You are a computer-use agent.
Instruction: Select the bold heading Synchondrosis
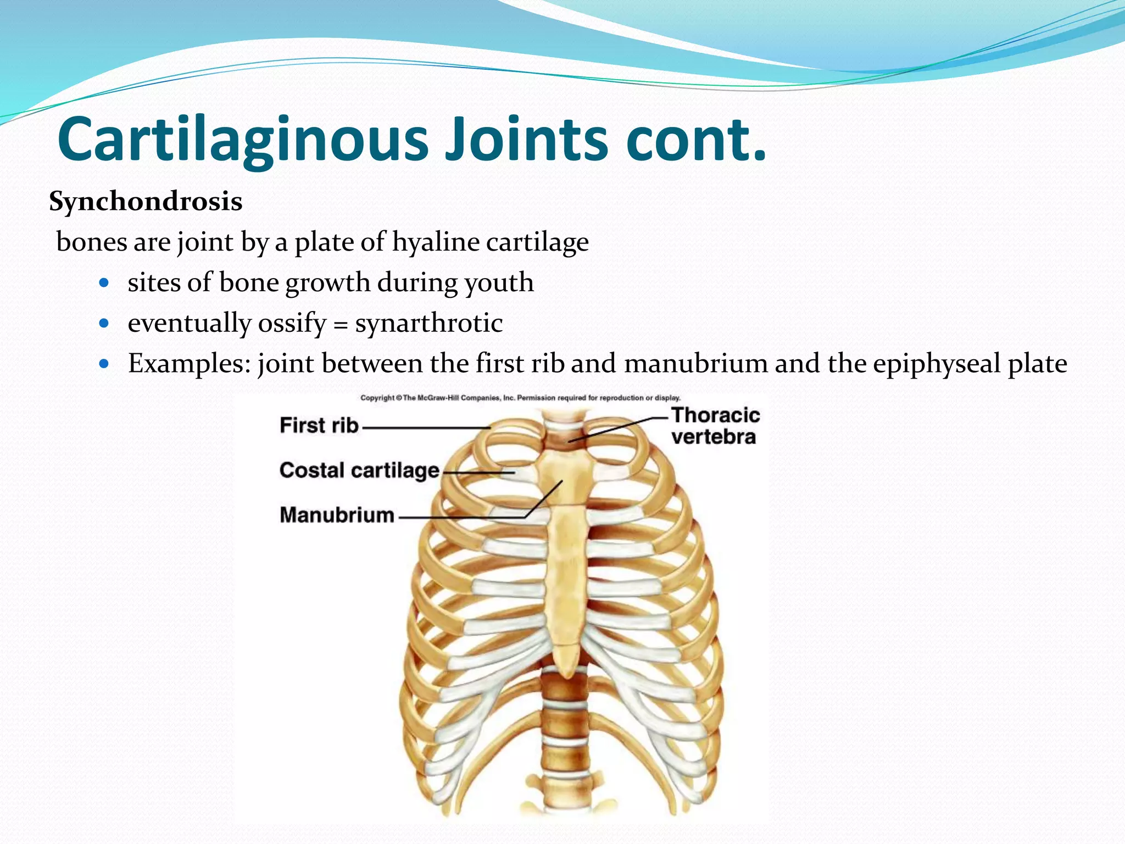pyautogui.click(x=146, y=202)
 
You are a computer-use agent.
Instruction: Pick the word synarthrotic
pyautogui.click(x=428, y=323)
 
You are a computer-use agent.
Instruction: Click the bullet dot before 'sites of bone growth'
pyautogui.click(x=104, y=284)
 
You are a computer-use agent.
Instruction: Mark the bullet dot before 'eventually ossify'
pyautogui.click(x=104, y=324)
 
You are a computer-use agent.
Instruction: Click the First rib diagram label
pyautogui.click(x=319, y=425)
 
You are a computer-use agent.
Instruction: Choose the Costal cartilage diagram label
pyautogui.click(x=359, y=470)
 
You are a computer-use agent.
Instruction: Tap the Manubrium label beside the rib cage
pyautogui.click(x=337, y=515)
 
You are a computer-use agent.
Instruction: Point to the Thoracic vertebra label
pyautogui.click(x=715, y=426)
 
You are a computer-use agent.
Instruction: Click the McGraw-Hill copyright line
pyautogui.click(x=520, y=398)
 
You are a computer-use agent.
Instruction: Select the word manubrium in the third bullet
pyautogui.click(x=695, y=364)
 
